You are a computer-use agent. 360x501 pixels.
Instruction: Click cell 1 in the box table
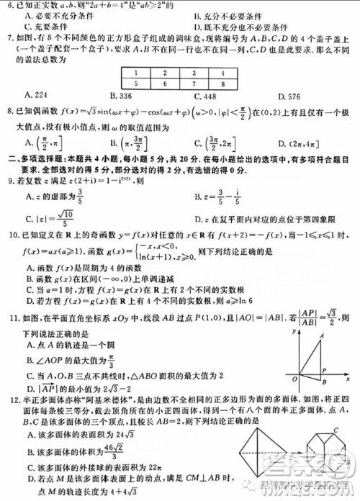coord(135,73)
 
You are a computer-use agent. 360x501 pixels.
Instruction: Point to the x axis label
coord(348,377)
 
